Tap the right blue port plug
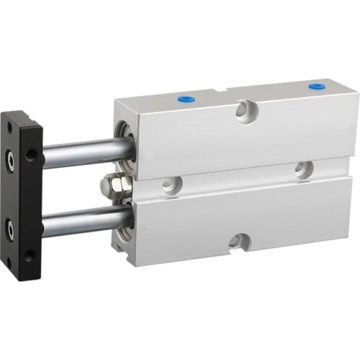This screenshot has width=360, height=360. pos(315,87)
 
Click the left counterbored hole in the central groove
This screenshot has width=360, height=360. pos(171,184)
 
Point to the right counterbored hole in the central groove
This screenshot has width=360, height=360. pos(304,169)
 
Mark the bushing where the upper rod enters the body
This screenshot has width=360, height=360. pos(124,148)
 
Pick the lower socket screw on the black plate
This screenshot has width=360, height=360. pos(12,230)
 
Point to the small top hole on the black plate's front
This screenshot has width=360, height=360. pos(9,127)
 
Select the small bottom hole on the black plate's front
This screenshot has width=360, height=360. pos(10,261)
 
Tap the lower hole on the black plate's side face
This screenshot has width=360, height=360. pos(30,254)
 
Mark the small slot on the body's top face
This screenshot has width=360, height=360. pos(225,90)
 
